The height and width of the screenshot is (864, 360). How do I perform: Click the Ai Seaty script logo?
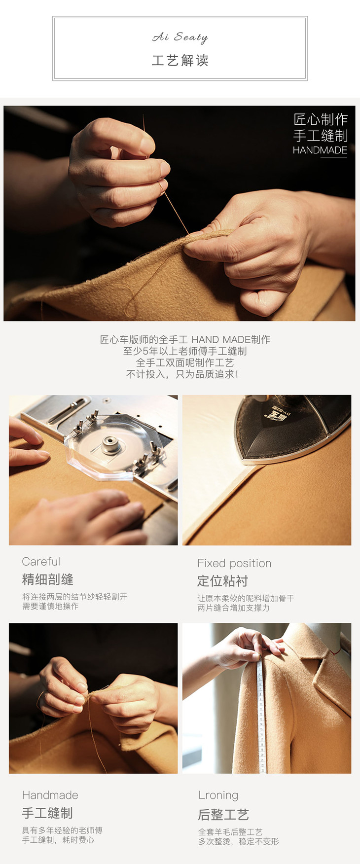click(180, 37)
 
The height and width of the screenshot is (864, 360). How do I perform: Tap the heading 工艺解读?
click(180, 61)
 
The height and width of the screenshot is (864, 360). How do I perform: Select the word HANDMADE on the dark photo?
click(320, 150)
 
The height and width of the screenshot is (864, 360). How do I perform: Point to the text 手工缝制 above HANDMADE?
click(321, 136)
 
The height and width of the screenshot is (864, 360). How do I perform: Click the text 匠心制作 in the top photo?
click(321, 119)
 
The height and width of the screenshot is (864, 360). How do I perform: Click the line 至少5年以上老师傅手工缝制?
click(185, 351)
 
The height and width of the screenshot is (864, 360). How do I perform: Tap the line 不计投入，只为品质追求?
click(182, 374)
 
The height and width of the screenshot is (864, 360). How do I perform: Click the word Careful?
click(41, 562)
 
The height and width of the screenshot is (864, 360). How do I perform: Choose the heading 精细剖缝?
click(48, 579)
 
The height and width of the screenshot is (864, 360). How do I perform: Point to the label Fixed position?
click(234, 563)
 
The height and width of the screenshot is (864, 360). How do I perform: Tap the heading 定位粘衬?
click(223, 581)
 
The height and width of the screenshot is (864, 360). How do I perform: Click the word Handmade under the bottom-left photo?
click(50, 795)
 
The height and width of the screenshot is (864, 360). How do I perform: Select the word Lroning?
click(218, 795)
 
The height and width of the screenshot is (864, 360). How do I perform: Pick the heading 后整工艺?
click(223, 814)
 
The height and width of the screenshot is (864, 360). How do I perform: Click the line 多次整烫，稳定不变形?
click(239, 841)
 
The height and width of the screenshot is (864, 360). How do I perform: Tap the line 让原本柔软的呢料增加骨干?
click(246, 598)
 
